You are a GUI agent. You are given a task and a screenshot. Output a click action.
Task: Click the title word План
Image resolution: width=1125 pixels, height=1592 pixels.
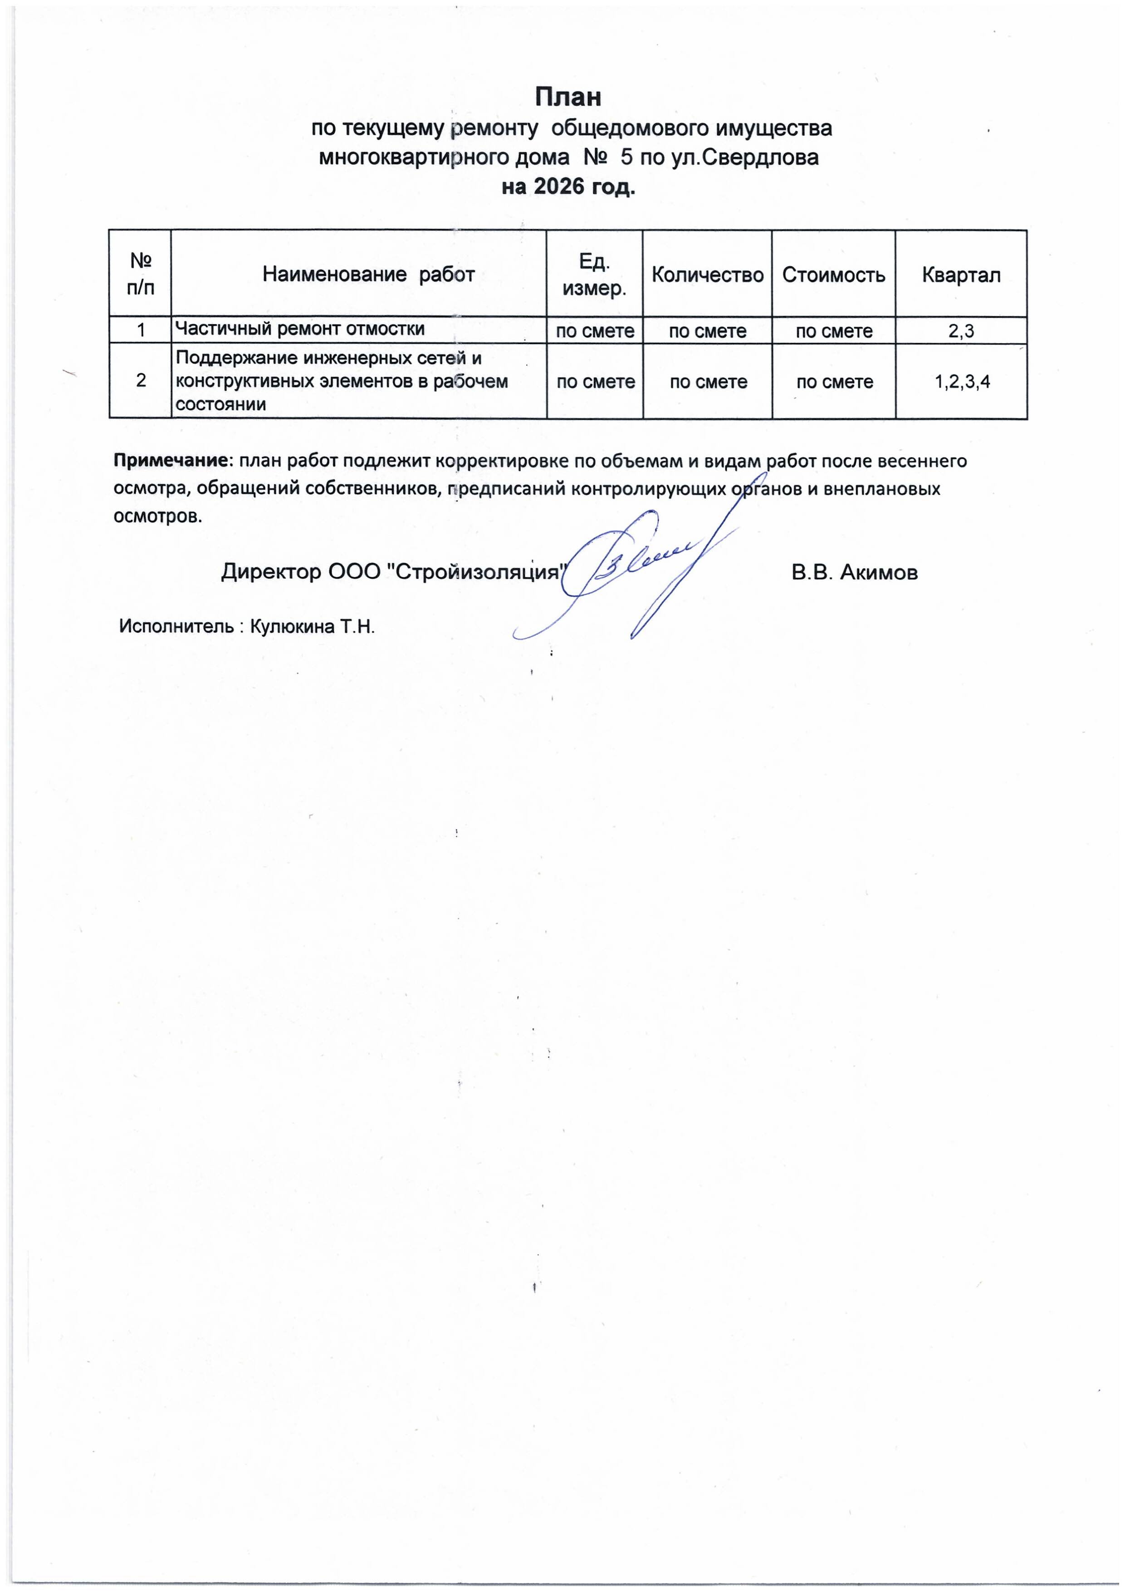tap(567, 97)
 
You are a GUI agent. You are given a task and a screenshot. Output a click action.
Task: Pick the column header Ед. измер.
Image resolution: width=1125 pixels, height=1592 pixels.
tap(594, 275)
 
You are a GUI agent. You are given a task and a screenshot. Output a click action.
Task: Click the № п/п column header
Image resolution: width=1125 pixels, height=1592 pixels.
tap(141, 275)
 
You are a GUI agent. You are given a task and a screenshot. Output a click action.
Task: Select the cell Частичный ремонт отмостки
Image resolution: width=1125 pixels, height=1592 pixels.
tap(299, 329)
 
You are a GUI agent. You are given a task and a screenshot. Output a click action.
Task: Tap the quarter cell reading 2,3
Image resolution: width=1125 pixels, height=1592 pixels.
tap(961, 331)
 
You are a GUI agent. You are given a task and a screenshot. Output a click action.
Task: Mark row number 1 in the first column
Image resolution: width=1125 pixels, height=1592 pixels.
tap(141, 331)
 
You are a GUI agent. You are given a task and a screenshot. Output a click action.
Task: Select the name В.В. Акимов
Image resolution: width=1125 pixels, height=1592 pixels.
tap(854, 573)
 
